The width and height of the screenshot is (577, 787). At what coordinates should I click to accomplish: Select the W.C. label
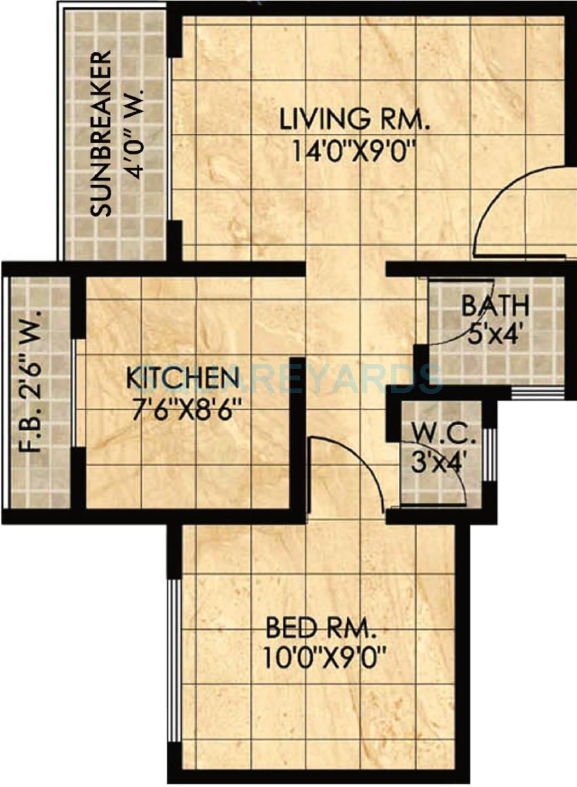tap(443, 433)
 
